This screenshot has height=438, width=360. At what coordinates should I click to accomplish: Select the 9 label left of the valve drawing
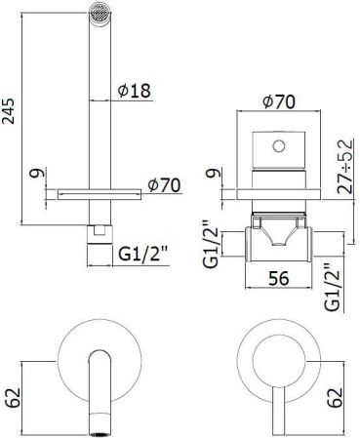click(x=212, y=177)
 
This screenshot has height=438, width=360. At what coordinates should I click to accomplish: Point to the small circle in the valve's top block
click(x=279, y=146)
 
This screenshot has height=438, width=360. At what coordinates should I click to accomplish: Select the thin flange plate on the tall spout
click(x=99, y=192)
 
